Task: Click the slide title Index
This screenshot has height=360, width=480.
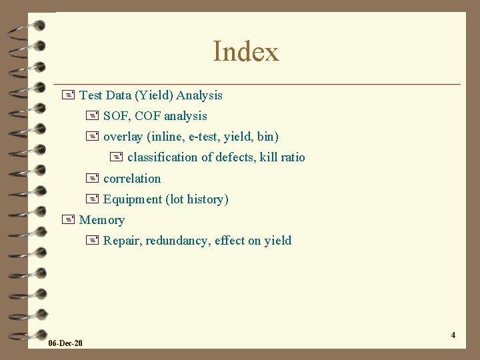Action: [245, 52]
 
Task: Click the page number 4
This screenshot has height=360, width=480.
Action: [453, 335]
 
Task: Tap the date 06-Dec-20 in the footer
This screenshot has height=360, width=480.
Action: [66, 343]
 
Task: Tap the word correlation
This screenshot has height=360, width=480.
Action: [132, 179]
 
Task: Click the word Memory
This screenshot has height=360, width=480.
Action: [102, 220]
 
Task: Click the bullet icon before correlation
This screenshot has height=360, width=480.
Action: [91, 178]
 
